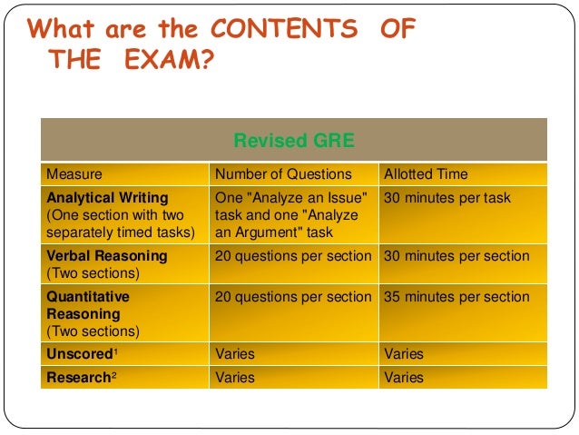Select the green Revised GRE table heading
293,141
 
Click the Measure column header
74,173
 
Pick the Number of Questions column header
282,173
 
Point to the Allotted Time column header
426,173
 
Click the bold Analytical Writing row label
107,197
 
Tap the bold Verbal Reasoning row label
107,256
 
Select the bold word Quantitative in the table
88,296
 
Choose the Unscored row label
78,353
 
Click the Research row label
78,376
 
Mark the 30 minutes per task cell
447,198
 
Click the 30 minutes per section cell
456,256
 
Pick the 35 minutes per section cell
456,297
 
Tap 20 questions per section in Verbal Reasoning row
293,256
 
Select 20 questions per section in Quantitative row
293,297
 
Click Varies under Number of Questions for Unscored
235,353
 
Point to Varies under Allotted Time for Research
404,376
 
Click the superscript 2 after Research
113,373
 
